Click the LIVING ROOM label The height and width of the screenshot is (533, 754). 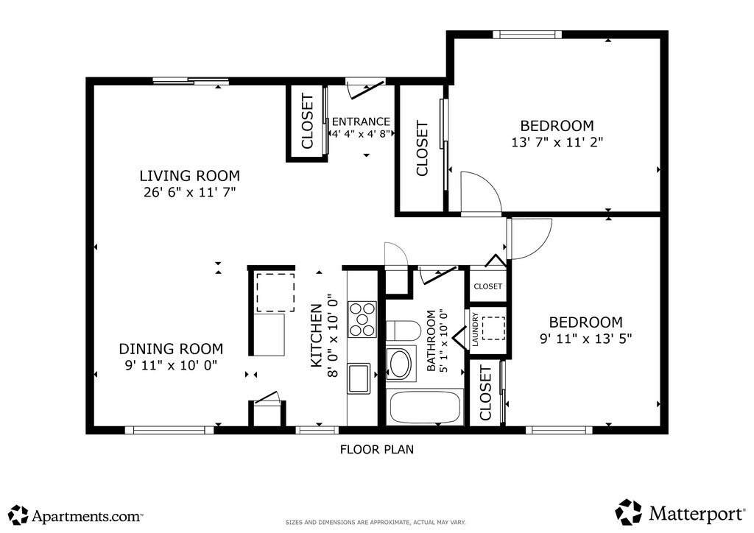[x=189, y=175]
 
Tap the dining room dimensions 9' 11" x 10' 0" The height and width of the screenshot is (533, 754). [x=171, y=365]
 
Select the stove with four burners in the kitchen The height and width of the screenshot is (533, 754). [x=362, y=319]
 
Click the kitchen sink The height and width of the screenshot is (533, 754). [x=359, y=378]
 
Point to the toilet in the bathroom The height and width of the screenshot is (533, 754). [x=404, y=331]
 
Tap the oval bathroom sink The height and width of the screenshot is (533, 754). [x=400, y=364]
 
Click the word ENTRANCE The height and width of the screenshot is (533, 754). [x=361, y=121]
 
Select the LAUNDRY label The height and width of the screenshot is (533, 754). [x=475, y=329]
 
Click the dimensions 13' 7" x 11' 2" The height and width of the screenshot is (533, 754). [x=557, y=142]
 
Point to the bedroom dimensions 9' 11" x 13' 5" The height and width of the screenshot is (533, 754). [x=585, y=339]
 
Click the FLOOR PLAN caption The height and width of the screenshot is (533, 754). [x=377, y=449]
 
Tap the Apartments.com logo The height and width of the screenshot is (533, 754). [x=76, y=515]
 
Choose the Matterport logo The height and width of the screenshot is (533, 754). [x=680, y=513]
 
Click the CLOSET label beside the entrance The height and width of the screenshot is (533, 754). [x=307, y=121]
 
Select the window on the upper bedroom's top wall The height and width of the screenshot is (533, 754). [x=527, y=35]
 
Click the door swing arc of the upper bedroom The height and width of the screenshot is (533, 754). [x=490, y=183]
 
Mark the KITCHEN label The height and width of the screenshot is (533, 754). [x=317, y=336]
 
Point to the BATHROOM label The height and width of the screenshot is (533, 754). [x=431, y=340]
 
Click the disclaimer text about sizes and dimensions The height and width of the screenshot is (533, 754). [x=376, y=523]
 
